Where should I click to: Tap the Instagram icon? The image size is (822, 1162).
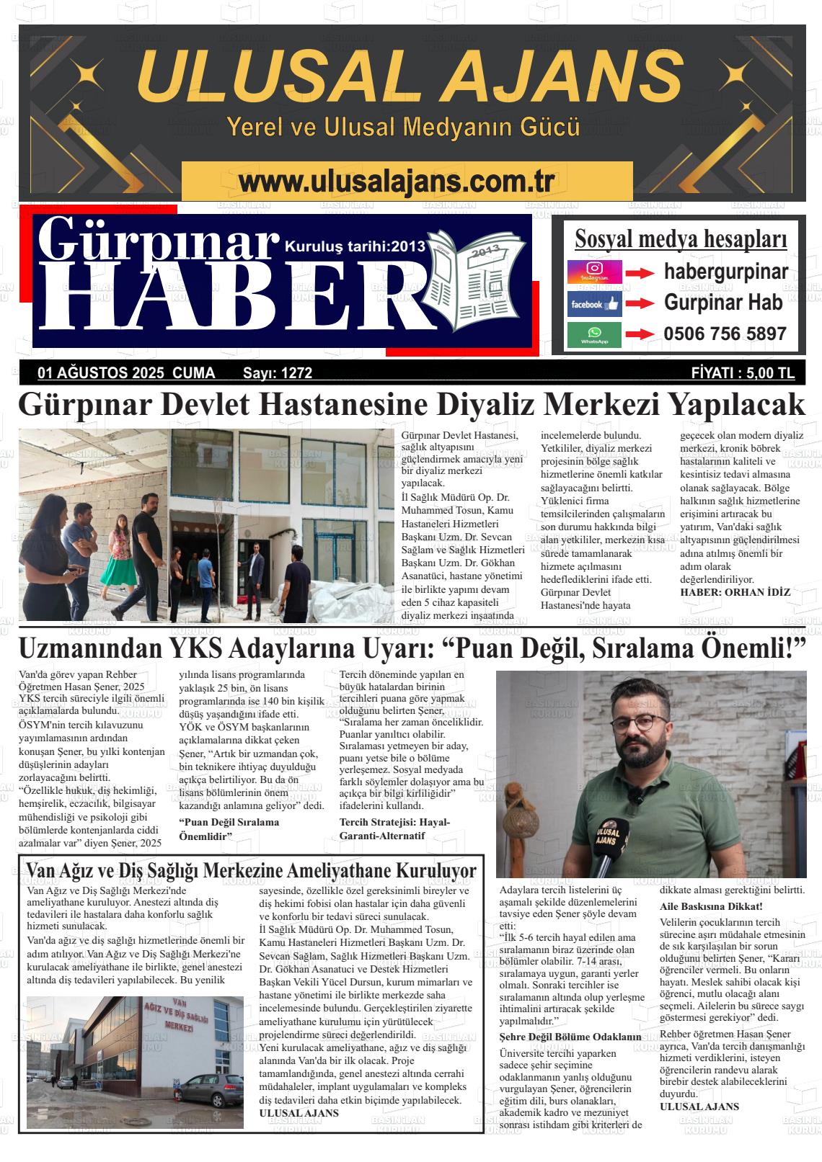(x=594, y=272)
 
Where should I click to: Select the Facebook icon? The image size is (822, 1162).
(x=594, y=304)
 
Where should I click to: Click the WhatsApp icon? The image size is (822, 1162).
(x=594, y=335)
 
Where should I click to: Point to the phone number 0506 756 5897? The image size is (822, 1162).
(x=725, y=334)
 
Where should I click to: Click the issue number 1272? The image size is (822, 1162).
(x=297, y=372)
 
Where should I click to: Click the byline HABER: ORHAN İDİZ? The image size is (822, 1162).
(x=735, y=592)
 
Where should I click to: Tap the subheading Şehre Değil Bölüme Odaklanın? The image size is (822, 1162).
(x=570, y=1037)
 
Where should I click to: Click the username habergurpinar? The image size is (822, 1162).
(x=725, y=272)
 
